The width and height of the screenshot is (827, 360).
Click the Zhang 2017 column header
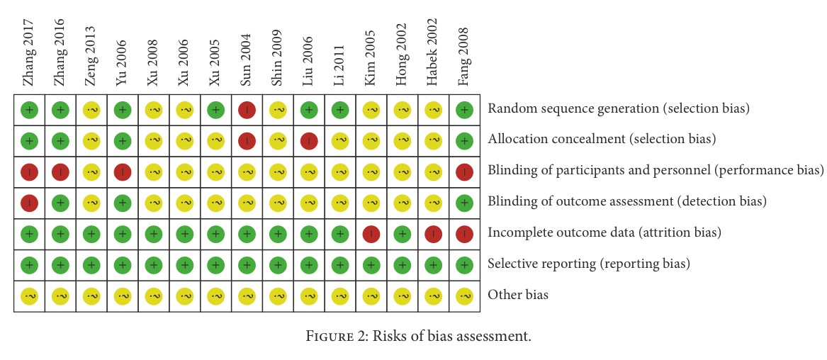pyautogui.click(x=29, y=52)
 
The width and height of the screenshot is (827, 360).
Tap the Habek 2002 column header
pyautogui.click(x=434, y=52)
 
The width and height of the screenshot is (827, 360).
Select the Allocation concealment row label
pyautogui.click(x=602, y=140)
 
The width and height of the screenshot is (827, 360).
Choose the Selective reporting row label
pyautogui.click(x=588, y=264)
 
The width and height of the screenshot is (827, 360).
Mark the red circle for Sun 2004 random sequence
pyautogui.click(x=247, y=110)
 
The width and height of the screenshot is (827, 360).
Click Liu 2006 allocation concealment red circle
pyautogui.click(x=309, y=140)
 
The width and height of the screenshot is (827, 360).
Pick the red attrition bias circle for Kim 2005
pyautogui.click(x=371, y=233)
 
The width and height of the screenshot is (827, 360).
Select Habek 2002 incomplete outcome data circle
pyautogui.click(x=434, y=233)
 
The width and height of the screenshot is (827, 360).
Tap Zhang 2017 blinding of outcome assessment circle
pyautogui.click(x=29, y=202)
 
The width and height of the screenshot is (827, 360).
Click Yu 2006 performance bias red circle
pyautogui.click(x=123, y=171)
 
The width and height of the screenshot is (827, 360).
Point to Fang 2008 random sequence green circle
pyautogui.click(x=465, y=110)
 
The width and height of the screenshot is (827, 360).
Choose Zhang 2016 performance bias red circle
pyautogui.click(x=60, y=171)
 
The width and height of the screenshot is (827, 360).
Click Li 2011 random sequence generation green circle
pyautogui.click(x=340, y=110)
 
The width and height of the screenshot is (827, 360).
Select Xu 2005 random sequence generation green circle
pyautogui.click(x=215, y=110)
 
